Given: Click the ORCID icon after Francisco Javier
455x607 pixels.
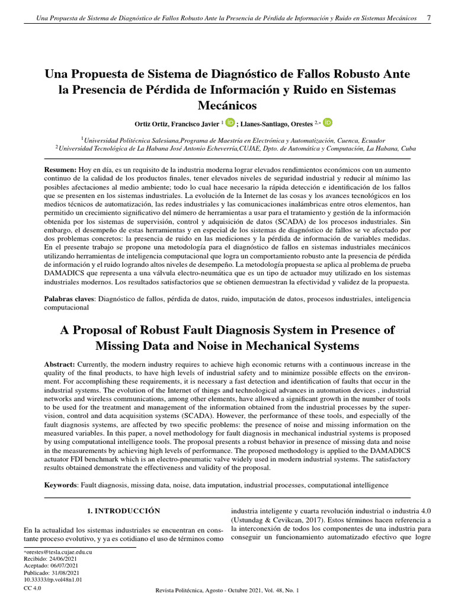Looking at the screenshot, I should pyautogui.click(x=230, y=122).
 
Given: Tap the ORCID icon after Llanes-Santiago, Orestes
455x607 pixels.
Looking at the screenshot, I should pyautogui.click(x=328, y=122).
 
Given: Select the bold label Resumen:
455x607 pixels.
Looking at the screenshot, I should pyautogui.click(x=60, y=170).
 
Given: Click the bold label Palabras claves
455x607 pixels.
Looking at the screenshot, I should pyautogui.click(x=71, y=299).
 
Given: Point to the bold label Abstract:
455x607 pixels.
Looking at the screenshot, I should pyautogui.click(x=60, y=363).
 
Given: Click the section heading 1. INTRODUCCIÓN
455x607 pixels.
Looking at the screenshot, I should pyautogui.click(x=124, y=510).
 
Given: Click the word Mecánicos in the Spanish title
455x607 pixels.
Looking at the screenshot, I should pyautogui.click(x=227, y=106).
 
